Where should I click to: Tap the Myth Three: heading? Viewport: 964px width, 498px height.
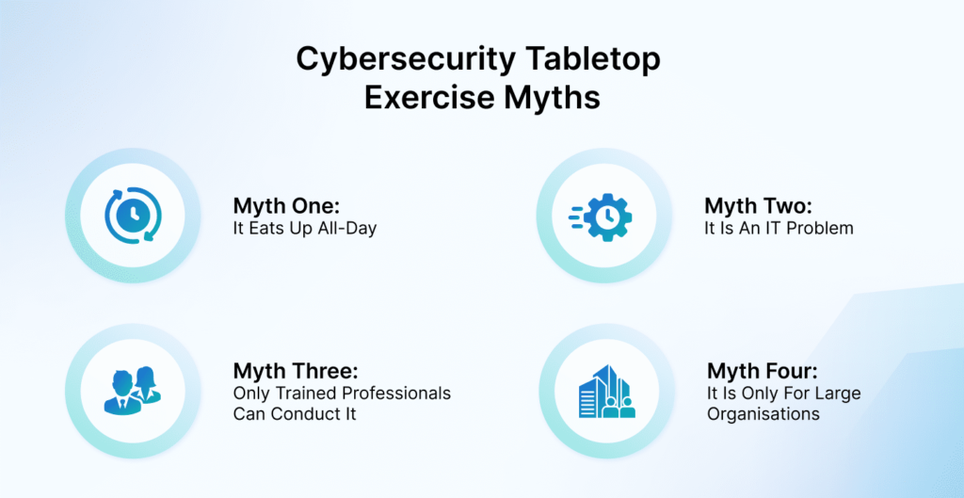(295, 371)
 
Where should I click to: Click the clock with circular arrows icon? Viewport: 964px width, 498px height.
(133, 216)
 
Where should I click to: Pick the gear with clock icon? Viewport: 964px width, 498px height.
(600, 217)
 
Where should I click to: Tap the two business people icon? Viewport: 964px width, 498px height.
(132, 390)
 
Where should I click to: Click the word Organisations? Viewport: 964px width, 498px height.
(763, 414)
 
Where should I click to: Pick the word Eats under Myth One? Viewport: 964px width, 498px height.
(263, 230)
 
